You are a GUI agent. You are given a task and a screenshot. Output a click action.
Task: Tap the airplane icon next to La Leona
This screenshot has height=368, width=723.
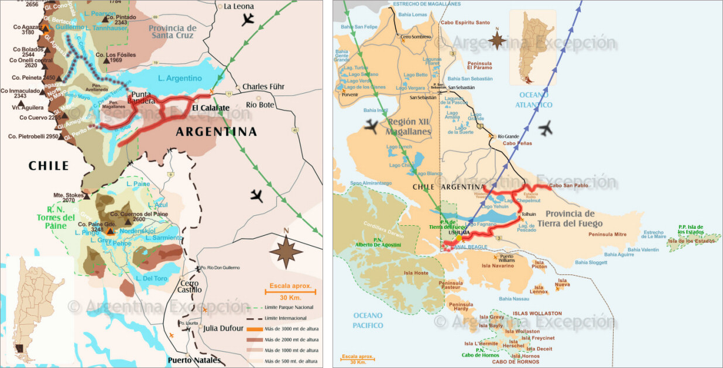[x=249, y=19]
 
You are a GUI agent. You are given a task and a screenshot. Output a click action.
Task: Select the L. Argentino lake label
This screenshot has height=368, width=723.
[x=180, y=78]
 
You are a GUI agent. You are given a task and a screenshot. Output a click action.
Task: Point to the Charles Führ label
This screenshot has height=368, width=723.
[x=263, y=87]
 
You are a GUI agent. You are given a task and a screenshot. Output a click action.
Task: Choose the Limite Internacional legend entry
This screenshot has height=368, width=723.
[x=285, y=318]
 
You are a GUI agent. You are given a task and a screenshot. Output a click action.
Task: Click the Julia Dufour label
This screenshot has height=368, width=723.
[x=222, y=328]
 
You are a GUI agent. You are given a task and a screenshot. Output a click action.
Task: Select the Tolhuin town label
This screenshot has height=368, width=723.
[x=529, y=214]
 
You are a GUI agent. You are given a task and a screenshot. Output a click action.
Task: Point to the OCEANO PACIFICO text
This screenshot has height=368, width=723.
[x=368, y=321]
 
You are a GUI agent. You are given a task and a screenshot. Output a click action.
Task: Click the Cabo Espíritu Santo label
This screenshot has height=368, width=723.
[x=465, y=22]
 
